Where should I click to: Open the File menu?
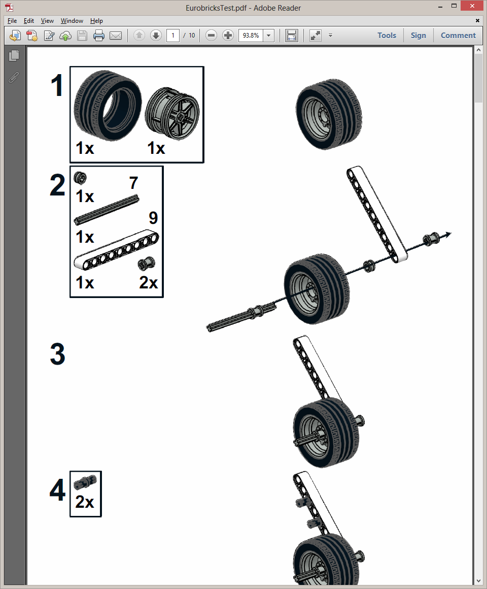pos(12,21)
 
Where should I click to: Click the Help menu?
pos(96,21)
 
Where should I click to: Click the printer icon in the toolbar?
pos(99,36)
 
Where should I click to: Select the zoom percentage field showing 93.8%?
pos(251,36)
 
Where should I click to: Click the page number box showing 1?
pos(173,36)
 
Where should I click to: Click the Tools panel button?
pos(387,36)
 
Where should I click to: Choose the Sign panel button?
pos(418,36)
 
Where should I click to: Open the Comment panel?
pos(458,36)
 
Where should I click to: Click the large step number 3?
pos(57,354)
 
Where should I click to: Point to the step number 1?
pos(57,86)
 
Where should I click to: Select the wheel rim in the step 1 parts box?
pos(172,112)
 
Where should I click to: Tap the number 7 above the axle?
pos(133,183)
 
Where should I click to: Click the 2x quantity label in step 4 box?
pos(85,502)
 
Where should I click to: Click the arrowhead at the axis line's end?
pos(448,234)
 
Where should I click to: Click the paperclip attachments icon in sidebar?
pos(14,77)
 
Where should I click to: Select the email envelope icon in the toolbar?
pos(116,36)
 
